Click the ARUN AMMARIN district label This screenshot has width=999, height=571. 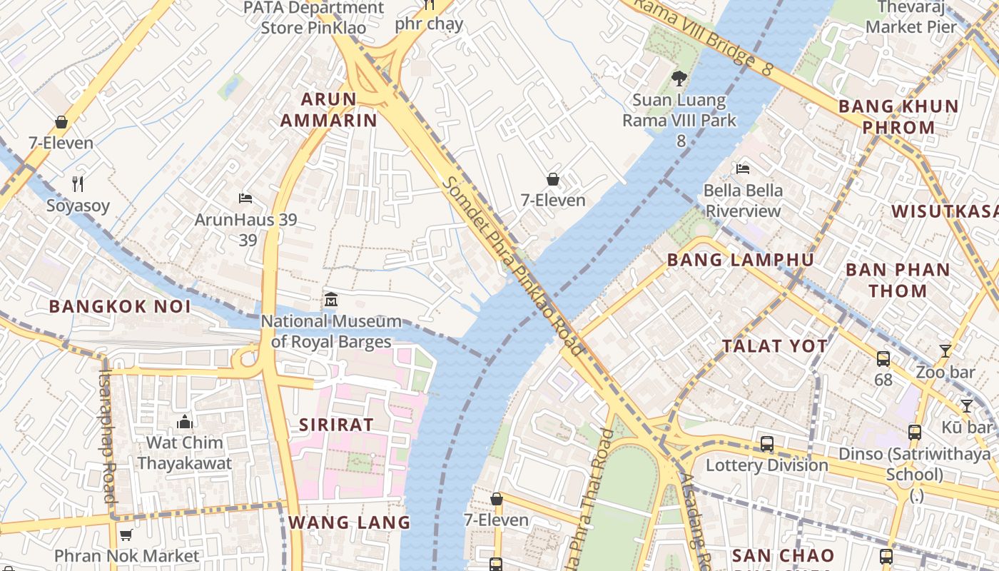[328, 109]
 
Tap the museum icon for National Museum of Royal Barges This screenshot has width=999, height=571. [330, 300]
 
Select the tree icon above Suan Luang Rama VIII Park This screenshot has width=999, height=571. [679, 79]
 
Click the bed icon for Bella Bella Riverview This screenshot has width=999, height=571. [743, 169]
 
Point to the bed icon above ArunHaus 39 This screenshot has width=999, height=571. [245, 198]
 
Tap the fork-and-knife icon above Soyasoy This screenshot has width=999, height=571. [78, 184]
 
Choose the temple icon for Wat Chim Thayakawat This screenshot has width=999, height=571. [185, 421]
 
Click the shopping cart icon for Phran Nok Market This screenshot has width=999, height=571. [126, 535]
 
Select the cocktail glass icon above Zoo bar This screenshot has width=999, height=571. [945, 350]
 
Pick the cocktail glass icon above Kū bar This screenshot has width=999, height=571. [967, 406]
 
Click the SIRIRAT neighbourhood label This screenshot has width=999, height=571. [336, 425]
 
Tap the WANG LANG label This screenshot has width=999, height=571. [350, 522]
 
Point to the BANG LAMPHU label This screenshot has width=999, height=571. [740, 260]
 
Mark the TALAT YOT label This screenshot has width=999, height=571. [774, 346]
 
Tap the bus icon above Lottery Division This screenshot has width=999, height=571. [767, 444]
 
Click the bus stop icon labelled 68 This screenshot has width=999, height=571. [883, 359]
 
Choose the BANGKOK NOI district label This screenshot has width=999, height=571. [120, 307]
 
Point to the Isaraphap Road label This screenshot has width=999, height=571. [107, 435]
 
